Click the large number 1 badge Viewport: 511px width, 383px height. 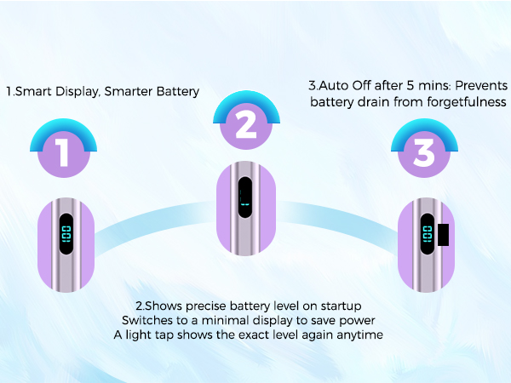coord(62,153)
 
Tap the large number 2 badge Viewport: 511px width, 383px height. coord(245,125)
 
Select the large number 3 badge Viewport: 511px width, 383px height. coord(424,153)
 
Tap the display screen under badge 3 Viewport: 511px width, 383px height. coord(427,236)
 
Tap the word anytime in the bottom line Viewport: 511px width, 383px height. coord(359,334)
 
